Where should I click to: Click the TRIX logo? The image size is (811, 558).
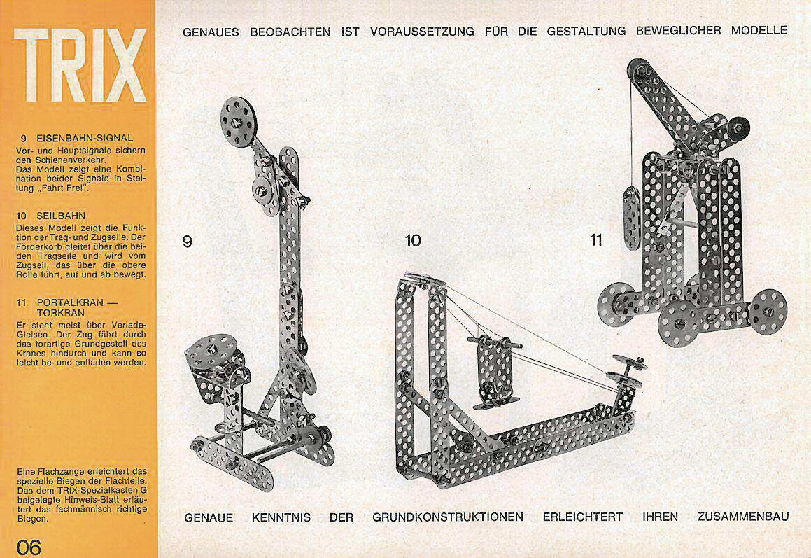[x=80, y=65]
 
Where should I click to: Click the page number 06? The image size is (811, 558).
[x=29, y=547]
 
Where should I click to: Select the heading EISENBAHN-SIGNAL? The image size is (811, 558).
[x=85, y=138]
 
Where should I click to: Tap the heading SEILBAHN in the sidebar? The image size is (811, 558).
[x=61, y=216]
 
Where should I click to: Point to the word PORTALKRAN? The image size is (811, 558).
[x=70, y=302]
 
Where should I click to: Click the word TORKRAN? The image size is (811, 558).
[x=60, y=313]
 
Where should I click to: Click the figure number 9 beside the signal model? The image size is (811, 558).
[x=188, y=242]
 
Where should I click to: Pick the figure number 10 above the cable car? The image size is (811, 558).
[x=412, y=240]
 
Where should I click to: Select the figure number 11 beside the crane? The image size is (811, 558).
[x=596, y=240]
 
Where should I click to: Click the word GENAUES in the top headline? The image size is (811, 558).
[x=211, y=32]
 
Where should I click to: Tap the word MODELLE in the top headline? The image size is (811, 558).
[x=759, y=30]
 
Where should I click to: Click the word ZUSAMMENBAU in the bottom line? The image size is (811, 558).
[x=742, y=517]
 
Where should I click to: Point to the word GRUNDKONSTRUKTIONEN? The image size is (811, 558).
[x=447, y=517]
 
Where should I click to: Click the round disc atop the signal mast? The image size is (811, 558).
[x=239, y=122]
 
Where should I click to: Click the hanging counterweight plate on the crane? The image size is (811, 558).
[x=632, y=218]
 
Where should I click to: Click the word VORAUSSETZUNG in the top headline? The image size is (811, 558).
[x=422, y=32]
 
